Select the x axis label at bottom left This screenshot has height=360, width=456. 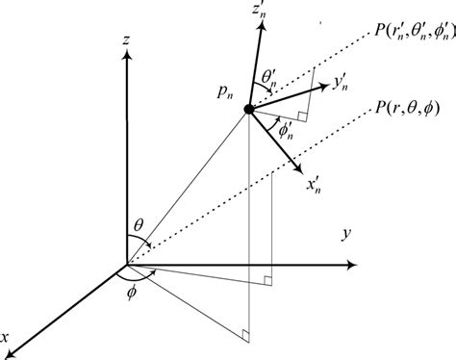[8, 337]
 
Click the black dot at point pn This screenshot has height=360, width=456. [250, 111]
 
